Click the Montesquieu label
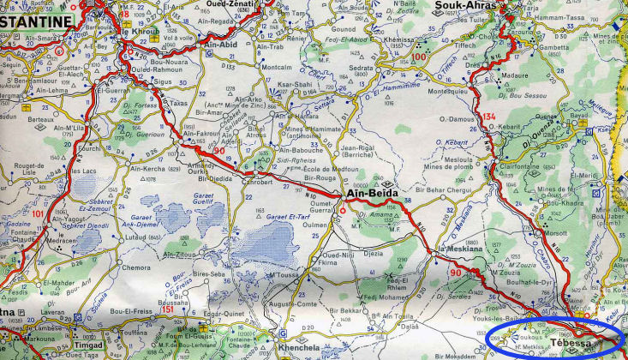pos(451,91)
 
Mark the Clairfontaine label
pos(518,169)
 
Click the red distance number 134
pos(489,116)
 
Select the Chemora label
pos(137,267)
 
